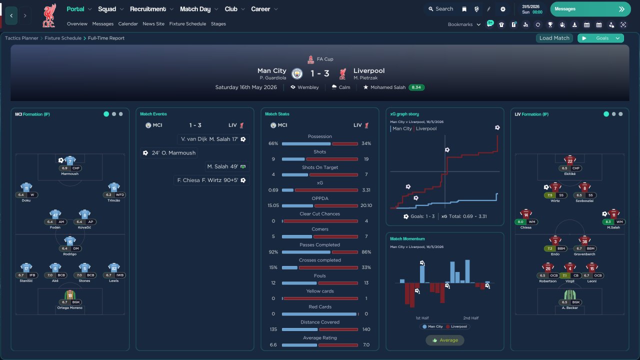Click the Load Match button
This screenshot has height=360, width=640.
[554, 38]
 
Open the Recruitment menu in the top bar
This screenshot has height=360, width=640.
[148, 9]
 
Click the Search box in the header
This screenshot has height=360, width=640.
[440, 9]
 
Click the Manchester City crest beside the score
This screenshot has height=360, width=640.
[297, 74]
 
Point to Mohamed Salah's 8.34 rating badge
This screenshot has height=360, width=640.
[416, 87]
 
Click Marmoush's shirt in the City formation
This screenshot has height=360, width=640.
[70, 161]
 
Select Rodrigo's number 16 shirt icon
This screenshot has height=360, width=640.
[70, 241]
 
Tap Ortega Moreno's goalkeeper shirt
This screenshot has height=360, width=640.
[70, 295]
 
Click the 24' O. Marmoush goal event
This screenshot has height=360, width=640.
[169, 153]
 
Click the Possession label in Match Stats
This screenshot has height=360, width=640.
[320, 136]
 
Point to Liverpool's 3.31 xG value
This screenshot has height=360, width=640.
[366, 190]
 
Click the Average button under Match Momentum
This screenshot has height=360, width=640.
[445, 340]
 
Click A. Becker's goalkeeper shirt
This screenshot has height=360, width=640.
[569, 295]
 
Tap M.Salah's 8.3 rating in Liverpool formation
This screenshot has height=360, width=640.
[608, 222]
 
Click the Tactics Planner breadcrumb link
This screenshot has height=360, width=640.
[21, 38]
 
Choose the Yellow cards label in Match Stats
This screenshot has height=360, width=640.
[320, 291]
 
